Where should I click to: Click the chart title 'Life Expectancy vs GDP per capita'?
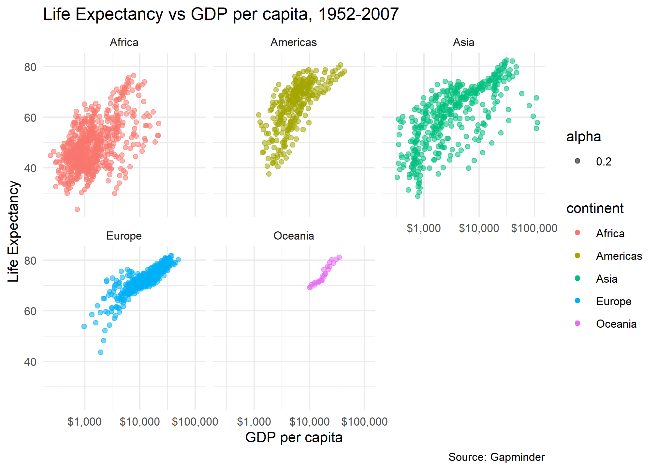pos(221,14)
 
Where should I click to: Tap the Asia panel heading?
pos(463,42)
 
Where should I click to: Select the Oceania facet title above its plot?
pos(294,236)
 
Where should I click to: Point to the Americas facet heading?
pos(294,42)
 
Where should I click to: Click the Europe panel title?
pos(124,236)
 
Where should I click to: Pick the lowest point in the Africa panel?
pos(77,209)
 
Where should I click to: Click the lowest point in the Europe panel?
pos(101,352)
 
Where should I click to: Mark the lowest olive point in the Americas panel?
pos(269,174)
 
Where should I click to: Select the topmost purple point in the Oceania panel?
pos(339,257)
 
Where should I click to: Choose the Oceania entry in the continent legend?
pos(616,324)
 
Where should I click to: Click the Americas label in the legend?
pos(619,256)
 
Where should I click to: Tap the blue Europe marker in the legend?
pos(577,301)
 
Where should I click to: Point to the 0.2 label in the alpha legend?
pos(604,162)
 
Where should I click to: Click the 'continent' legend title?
pos(595,209)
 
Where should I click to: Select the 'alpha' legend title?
pos(583,137)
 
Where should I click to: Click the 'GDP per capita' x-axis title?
pos(294,438)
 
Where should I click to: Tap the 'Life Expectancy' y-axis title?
pos(13,231)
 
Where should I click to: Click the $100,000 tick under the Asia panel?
pos(534,228)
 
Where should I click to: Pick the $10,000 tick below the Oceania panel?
pos(309,422)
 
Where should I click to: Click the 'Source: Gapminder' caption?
pos(496,457)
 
